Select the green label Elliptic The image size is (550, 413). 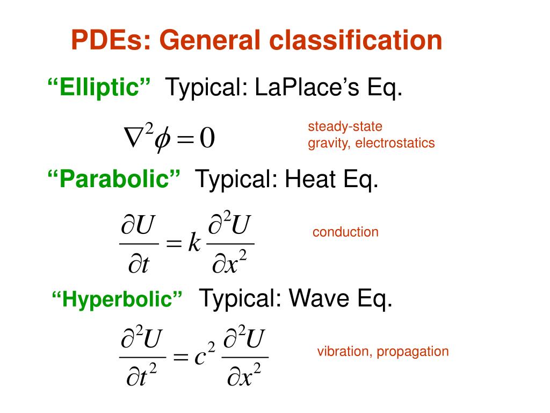(100, 88)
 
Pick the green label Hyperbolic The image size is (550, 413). (117, 299)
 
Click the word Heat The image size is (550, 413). (309, 179)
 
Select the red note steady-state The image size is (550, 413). (345, 127)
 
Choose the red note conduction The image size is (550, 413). (345, 232)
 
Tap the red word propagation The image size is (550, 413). (412, 352)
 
